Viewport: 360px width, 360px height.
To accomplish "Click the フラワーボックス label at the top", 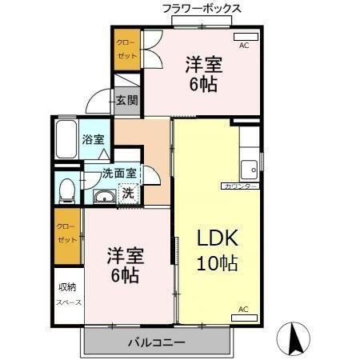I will click(201, 8).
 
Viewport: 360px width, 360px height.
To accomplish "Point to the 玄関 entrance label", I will click(126, 100).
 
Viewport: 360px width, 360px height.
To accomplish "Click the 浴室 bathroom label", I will click(93, 139).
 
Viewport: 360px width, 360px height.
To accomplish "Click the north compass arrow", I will click(293, 340).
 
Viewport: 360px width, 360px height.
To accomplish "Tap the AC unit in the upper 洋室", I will click(245, 37).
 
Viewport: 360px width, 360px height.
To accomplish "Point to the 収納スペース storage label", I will click(67, 295).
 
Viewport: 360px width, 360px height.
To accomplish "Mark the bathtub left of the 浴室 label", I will click(67, 141).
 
